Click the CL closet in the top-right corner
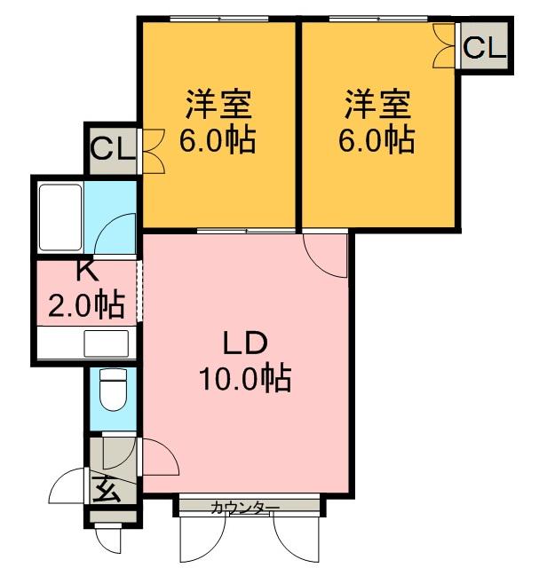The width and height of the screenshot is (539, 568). [x=483, y=46]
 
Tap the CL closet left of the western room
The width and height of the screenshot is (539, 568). [x=113, y=150]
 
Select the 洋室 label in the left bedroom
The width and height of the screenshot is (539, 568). [x=218, y=106]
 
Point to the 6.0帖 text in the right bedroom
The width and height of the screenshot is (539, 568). [x=378, y=139]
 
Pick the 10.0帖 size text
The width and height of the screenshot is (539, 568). [x=244, y=379]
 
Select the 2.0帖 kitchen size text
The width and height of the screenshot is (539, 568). [x=86, y=306]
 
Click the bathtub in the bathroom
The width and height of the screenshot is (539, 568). [x=59, y=217]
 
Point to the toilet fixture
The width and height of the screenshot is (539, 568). [x=113, y=390]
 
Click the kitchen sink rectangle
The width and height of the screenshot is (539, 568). [x=106, y=343]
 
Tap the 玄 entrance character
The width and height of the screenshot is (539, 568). [x=106, y=487]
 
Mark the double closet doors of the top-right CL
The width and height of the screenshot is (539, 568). [x=445, y=46]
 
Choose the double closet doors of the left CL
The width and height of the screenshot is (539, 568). [x=151, y=151]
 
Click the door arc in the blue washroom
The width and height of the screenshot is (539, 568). [x=115, y=235]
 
